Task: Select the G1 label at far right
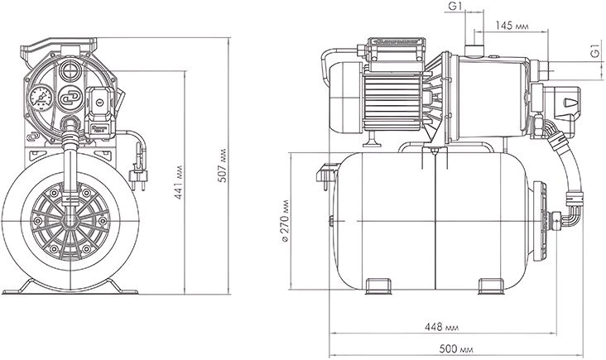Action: click(x=595, y=51)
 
